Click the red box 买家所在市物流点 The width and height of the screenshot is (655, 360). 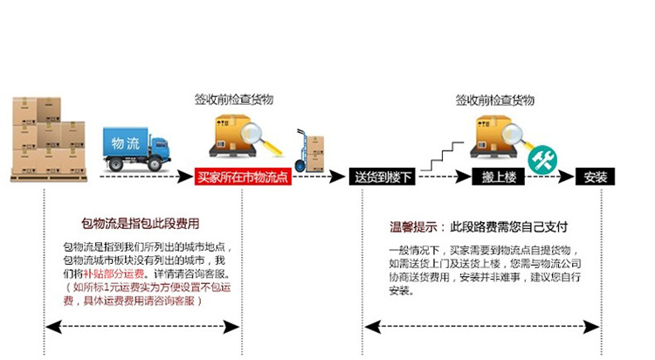pos(242,177)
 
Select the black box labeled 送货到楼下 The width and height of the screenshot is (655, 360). pos(380,177)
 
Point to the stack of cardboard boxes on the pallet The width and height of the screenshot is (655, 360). pos(37,139)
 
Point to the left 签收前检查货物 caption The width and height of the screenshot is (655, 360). pos(233,100)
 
